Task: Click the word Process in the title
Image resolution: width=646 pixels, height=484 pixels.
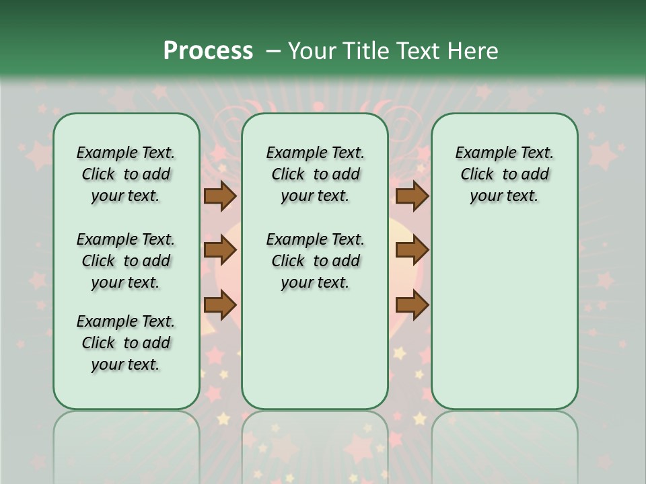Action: [x=208, y=50]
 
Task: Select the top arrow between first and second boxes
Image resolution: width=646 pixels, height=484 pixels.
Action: [x=220, y=196]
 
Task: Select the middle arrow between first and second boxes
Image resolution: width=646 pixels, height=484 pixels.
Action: [x=220, y=250]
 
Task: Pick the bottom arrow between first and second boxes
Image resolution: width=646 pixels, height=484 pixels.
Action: [x=220, y=305]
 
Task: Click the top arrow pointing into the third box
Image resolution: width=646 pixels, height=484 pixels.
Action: [x=412, y=196]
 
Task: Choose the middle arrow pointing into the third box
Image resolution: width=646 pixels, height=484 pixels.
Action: [x=412, y=250]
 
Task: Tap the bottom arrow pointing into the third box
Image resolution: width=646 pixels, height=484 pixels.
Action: [x=412, y=305]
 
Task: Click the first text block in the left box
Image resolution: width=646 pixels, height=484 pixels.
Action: [x=126, y=174]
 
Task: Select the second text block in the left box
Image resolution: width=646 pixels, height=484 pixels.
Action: [x=126, y=261]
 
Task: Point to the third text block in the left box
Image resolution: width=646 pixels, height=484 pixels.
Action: [x=126, y=343]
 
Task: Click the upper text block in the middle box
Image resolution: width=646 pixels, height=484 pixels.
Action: [x=315, y=174]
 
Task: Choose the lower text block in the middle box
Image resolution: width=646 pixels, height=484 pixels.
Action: [x=315, y=261]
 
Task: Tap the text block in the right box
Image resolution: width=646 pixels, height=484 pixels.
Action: [x=504, y=174]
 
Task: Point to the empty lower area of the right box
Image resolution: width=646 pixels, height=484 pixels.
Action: [x=504, y=316]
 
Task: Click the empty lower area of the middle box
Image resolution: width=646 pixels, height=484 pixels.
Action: [x=315, y=350]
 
